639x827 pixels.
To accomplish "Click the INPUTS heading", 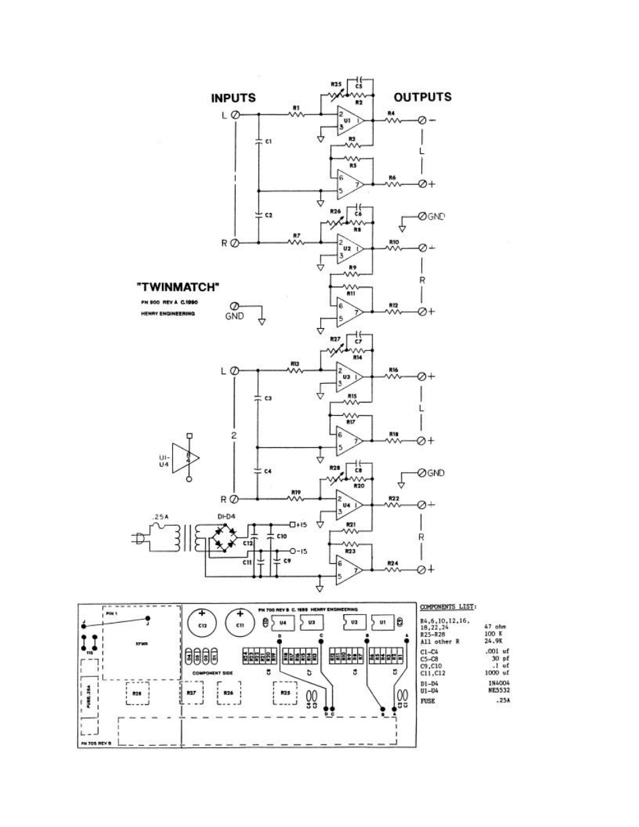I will tap(233, 98).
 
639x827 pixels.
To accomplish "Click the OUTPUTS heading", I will tap(422, 97).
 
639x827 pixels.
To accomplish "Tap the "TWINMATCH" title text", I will tap(178, 287).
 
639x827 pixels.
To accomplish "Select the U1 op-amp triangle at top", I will tap(349, 121).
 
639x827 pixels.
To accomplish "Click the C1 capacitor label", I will tap(268, 141).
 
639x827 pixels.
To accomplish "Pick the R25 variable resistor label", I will tap(336, 85).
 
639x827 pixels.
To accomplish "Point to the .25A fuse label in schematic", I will tap(159, 517).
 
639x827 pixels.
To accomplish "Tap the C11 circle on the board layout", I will tap(239, 622).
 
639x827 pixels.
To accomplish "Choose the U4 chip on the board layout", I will tap(283, 622).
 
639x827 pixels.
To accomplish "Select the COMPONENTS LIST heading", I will tap(448, 607).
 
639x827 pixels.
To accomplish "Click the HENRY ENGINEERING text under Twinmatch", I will tap(167, 313).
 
